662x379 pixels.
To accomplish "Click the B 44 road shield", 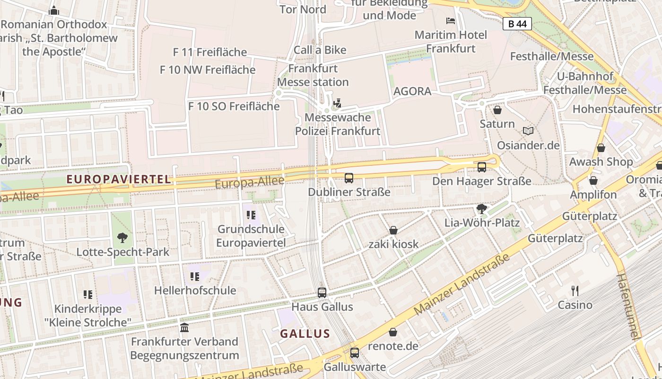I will point(517,24).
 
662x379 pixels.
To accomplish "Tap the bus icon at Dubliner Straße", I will point(349,178).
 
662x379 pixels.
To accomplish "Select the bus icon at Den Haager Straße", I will point(482,167).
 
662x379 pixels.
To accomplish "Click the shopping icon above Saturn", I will point(497,110).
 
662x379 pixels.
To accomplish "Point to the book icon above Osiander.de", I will point(528,131).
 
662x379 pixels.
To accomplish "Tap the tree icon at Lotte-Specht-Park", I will point(122,238).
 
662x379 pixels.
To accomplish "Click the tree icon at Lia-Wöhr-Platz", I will point(482,208).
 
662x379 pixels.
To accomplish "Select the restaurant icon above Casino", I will point(575,290).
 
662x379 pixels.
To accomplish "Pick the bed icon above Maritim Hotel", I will point(451,21).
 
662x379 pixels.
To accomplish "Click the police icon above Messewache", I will point(338,103).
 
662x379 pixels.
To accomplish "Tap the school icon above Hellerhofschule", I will point(194,276).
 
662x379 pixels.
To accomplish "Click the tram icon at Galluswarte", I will point(355,353).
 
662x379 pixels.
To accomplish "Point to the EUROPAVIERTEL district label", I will point(119,180).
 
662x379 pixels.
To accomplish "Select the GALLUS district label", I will point(305,334).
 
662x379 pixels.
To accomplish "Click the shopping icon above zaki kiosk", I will point(393,230).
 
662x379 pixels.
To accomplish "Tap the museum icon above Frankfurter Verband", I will point(184,327).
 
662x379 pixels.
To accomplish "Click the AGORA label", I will point(412,91).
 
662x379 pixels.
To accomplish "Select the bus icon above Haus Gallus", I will point(322,293).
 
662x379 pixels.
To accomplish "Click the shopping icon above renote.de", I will point(393,332).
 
